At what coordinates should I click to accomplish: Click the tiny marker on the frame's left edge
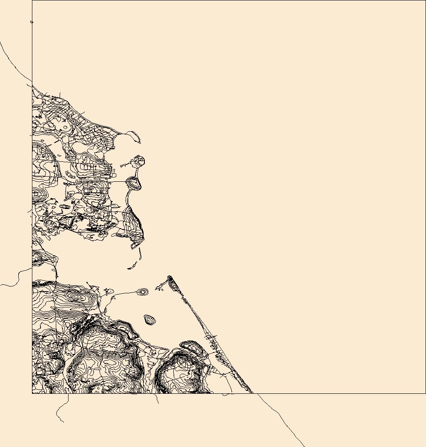[x=32, y=22]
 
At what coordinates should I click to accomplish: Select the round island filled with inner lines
[x=139, y=161]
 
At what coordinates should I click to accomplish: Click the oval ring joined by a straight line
[x=134, y=183]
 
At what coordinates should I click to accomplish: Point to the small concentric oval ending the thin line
[x=143, y=292]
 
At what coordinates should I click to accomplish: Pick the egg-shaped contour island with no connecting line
[x=150, y=320]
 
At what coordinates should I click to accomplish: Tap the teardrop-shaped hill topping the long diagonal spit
[x=170, y=280]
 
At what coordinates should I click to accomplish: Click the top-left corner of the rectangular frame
[x=32, y=0]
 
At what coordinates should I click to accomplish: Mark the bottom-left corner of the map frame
[x=32, y=393]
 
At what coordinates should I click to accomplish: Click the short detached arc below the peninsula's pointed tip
[x=140, y=254]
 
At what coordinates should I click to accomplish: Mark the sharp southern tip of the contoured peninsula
[x=132, y=247]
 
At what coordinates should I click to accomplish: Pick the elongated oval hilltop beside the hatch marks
[x=191, y=347]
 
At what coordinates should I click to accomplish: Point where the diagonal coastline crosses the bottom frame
[x=253, y=393]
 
